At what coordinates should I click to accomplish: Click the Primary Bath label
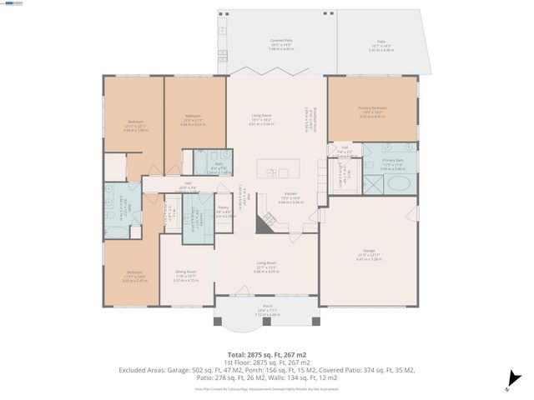pyautogui.click(x=393, y=160)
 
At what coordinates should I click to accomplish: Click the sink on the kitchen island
pyautogui.click(x=273, y=173)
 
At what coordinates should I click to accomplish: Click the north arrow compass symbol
pyautogui.click(x=508, y=384)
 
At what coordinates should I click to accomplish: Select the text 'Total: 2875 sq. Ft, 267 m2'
pyautogui.click(x=267, y=355)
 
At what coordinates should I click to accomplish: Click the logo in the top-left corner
pyautogui.click(x=13, y=4)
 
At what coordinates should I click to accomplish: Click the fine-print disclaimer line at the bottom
pyautogui.click(x=267, y=387)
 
